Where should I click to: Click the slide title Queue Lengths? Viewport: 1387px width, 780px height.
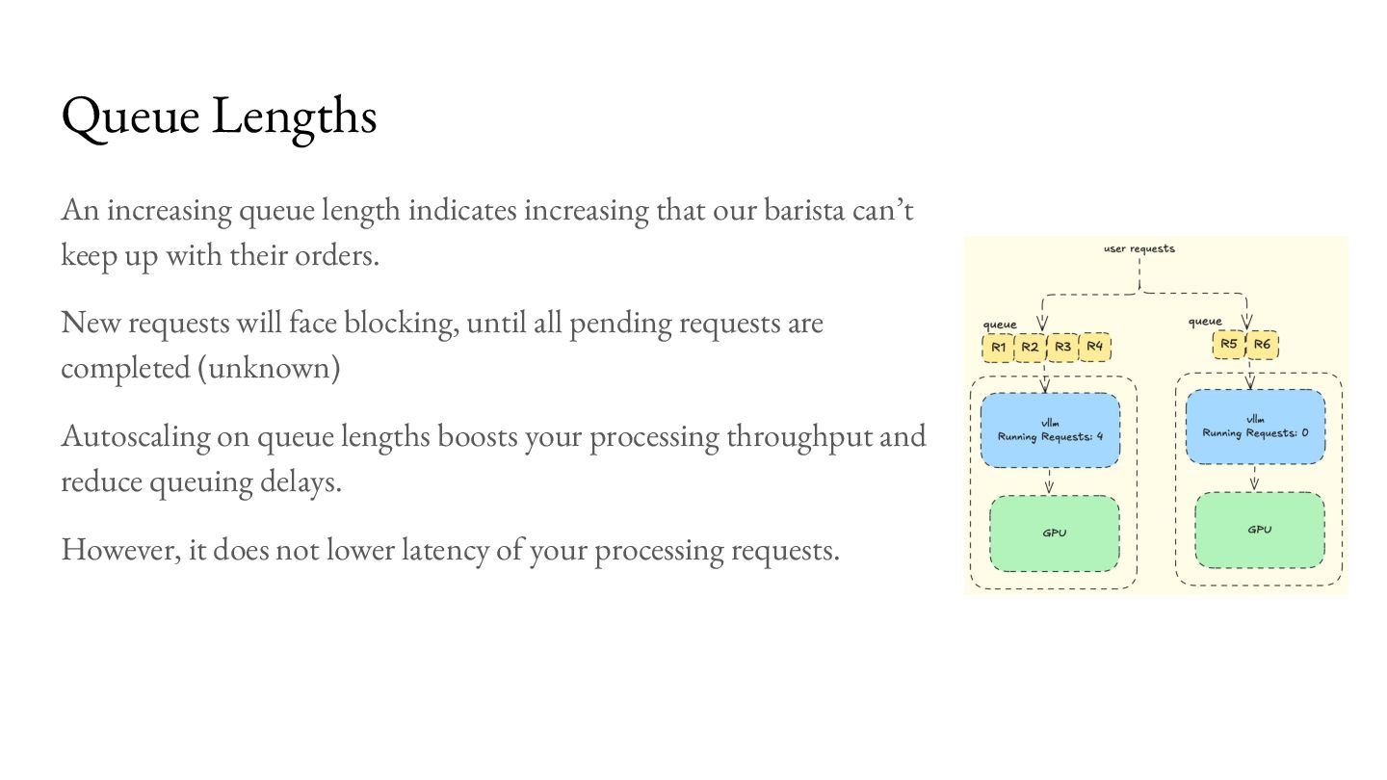tap(219, 117)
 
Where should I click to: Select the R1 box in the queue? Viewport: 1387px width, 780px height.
tap(999, 347)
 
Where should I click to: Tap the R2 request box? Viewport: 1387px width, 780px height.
tap(1030, 347)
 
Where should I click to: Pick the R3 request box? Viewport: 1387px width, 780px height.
tap(1062, 347)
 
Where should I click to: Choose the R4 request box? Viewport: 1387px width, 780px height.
tap(1094, 347)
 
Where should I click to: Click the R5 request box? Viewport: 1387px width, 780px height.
tap(1228, 344)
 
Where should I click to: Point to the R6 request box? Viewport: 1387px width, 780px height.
tap(1262, 344)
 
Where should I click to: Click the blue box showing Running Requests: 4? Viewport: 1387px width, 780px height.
tap(1050, 430)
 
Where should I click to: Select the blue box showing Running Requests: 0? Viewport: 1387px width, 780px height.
tap(1255, 427)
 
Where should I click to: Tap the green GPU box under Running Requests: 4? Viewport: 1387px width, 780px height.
tap(1055, 533)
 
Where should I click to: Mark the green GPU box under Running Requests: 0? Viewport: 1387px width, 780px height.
tap(1259, 530)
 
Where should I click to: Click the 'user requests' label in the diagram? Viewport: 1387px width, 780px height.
tap(1138, 248)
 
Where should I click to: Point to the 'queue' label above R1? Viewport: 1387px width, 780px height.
tap(999, 325)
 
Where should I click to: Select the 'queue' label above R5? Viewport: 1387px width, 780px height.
tap(1204, 321)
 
